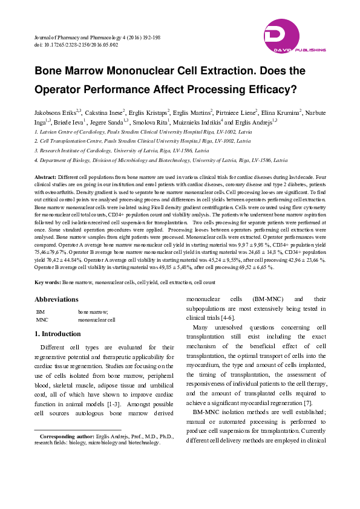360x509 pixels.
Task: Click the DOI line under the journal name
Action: click(x=76, y=45)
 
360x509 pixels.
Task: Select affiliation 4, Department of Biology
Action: click(x=160, y=161)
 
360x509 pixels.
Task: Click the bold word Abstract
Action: click(x=45, y=176)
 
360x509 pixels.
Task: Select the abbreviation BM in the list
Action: click(x=40, y=312)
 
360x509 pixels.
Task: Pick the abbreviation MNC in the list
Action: click(x=42, y=319)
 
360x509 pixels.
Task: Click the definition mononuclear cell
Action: click(x=96, y=319)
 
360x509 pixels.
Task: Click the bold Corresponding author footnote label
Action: click(x=67, y=436)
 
